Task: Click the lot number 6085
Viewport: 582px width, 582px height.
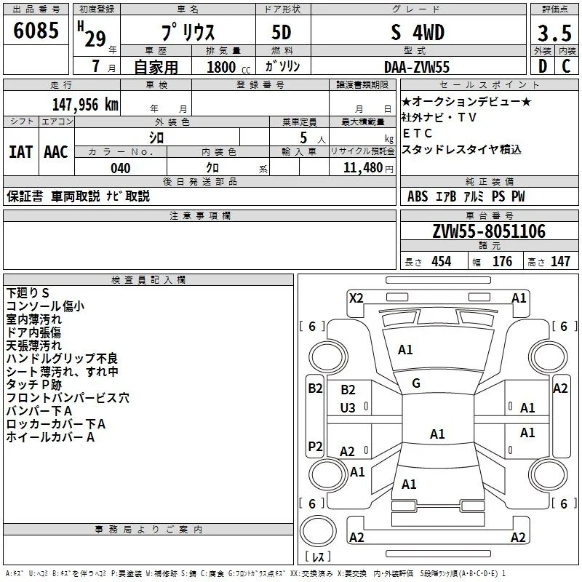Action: pyautogui.click(x=36, y=31)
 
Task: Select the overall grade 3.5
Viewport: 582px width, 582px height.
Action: pyautogui.click(x=554, y=33)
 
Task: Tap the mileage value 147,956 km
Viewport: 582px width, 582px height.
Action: pyautogui.click(x=85, y=105)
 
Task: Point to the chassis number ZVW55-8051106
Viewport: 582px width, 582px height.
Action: pyautogui.click(x=489, y=231)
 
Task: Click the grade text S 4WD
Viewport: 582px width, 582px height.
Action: pyautogui.click(x=418, y=32)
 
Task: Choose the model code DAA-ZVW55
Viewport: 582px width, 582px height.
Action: pyautogui.click(x=417, y=67)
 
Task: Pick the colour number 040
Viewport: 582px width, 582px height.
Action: pyautogui.click(x=121, y=168)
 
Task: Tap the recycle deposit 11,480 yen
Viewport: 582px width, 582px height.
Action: pyautogui.click(x=368, y=168)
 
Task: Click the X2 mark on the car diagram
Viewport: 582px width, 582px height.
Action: pyautogui.click(x=356, y=298)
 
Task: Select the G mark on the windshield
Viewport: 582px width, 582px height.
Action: pyautogui.click(x=416, y=383)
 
